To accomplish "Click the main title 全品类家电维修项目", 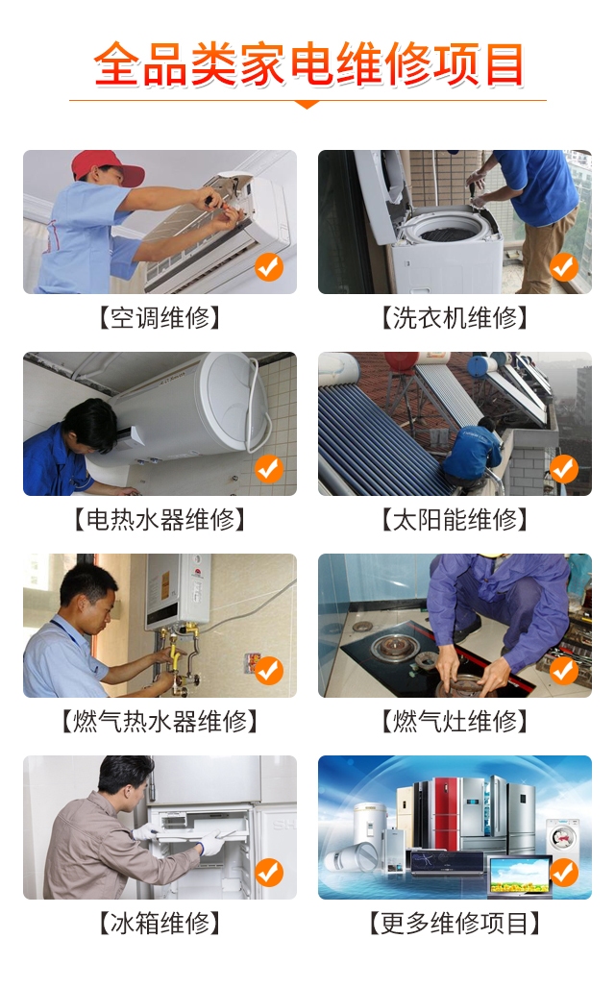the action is coord(308,64).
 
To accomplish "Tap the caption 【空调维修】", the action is coord(160,317).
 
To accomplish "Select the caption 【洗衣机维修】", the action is coord(455,317).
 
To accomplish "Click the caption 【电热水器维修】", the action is coord(160,520).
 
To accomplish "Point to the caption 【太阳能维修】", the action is coord(455,520).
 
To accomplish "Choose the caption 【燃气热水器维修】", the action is coord(160,722).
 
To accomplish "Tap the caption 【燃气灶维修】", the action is coord(455,722).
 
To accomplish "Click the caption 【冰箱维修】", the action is coord(160,923).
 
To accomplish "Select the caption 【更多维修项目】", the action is coord(455,923).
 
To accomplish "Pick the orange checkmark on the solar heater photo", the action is coord(564,469).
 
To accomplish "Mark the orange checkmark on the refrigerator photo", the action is coord(269,873).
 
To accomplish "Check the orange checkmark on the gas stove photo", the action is coord(564,671).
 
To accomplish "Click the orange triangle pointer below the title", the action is coord(307,105).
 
